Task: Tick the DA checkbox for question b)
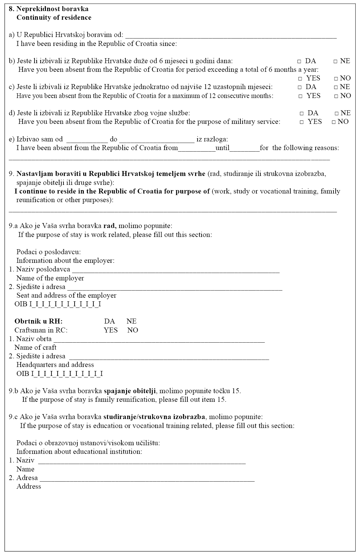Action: tap(299, 61)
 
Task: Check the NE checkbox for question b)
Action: tap(335, 61)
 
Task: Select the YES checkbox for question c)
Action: tap(301, 96)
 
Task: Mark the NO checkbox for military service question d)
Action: tap(334, 122)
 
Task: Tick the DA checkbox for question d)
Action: tap(301, 113)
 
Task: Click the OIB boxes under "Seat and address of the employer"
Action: tap(65, 304)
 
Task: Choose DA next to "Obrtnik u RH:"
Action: tap(109, 321)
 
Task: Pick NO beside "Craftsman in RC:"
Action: tap(133, 330)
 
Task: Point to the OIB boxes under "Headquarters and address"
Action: tap(67, 374)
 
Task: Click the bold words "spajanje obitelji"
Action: tap(130, 391)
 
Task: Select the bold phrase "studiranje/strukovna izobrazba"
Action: tap(154, 417)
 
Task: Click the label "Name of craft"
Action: tap(35, 348)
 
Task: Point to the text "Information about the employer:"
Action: tap(65, 261)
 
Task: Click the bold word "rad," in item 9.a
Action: tap(110, 226)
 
